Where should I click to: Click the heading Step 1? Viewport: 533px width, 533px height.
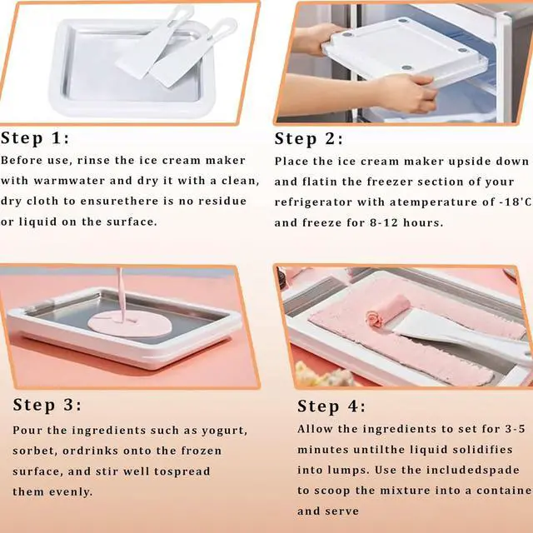click(x=35, y=138)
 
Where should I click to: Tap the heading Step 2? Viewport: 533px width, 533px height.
click(x=309, y=139)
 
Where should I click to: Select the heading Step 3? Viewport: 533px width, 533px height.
click(x=47, y=405)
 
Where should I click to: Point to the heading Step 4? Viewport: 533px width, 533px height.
click(x=331, y=406)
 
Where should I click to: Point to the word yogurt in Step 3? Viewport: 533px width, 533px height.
click(x=224, y=431)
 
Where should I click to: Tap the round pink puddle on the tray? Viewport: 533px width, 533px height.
click(x=130, y=323)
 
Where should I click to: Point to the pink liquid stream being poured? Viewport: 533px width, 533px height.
click(x=120, y=292)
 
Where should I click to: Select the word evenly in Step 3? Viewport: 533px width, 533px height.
click(x=70, y=492)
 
